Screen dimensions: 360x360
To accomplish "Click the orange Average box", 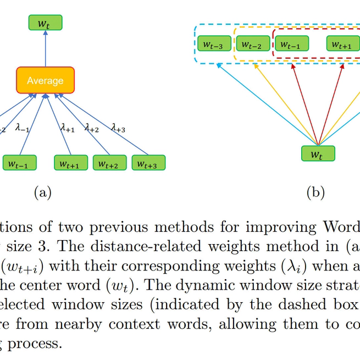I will tap(45, 80).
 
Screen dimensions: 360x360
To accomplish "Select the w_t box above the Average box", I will tap(45, 23).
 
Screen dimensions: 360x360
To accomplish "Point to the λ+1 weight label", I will tap(67, 129).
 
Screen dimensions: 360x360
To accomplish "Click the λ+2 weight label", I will tap(91, 128).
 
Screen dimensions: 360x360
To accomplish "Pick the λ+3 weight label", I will tap(118, 128).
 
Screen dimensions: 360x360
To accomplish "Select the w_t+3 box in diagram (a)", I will tap(148, 163).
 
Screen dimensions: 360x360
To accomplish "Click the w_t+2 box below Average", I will tap(109, 163).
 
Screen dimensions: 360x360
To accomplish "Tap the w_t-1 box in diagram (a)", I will tap(19, 163).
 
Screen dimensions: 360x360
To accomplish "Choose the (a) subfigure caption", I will tap(43, 192).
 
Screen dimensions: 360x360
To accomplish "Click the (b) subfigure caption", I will tap(315, 192).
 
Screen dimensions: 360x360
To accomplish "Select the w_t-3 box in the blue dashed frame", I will tap(213, 45).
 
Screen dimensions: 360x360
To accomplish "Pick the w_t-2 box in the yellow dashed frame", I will tap(252, 45).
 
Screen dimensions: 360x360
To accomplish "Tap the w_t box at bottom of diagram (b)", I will tap(318, 153).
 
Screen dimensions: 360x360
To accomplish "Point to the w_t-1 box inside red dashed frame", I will tap(291, 45).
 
